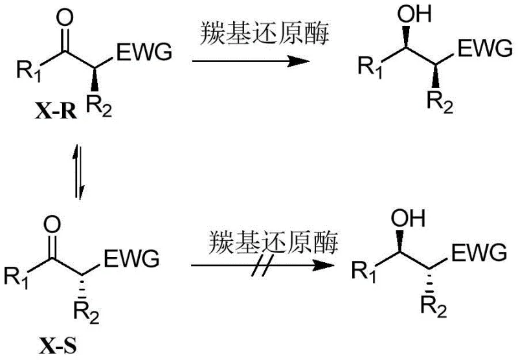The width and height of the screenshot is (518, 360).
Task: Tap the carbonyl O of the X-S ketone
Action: point(54,226)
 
